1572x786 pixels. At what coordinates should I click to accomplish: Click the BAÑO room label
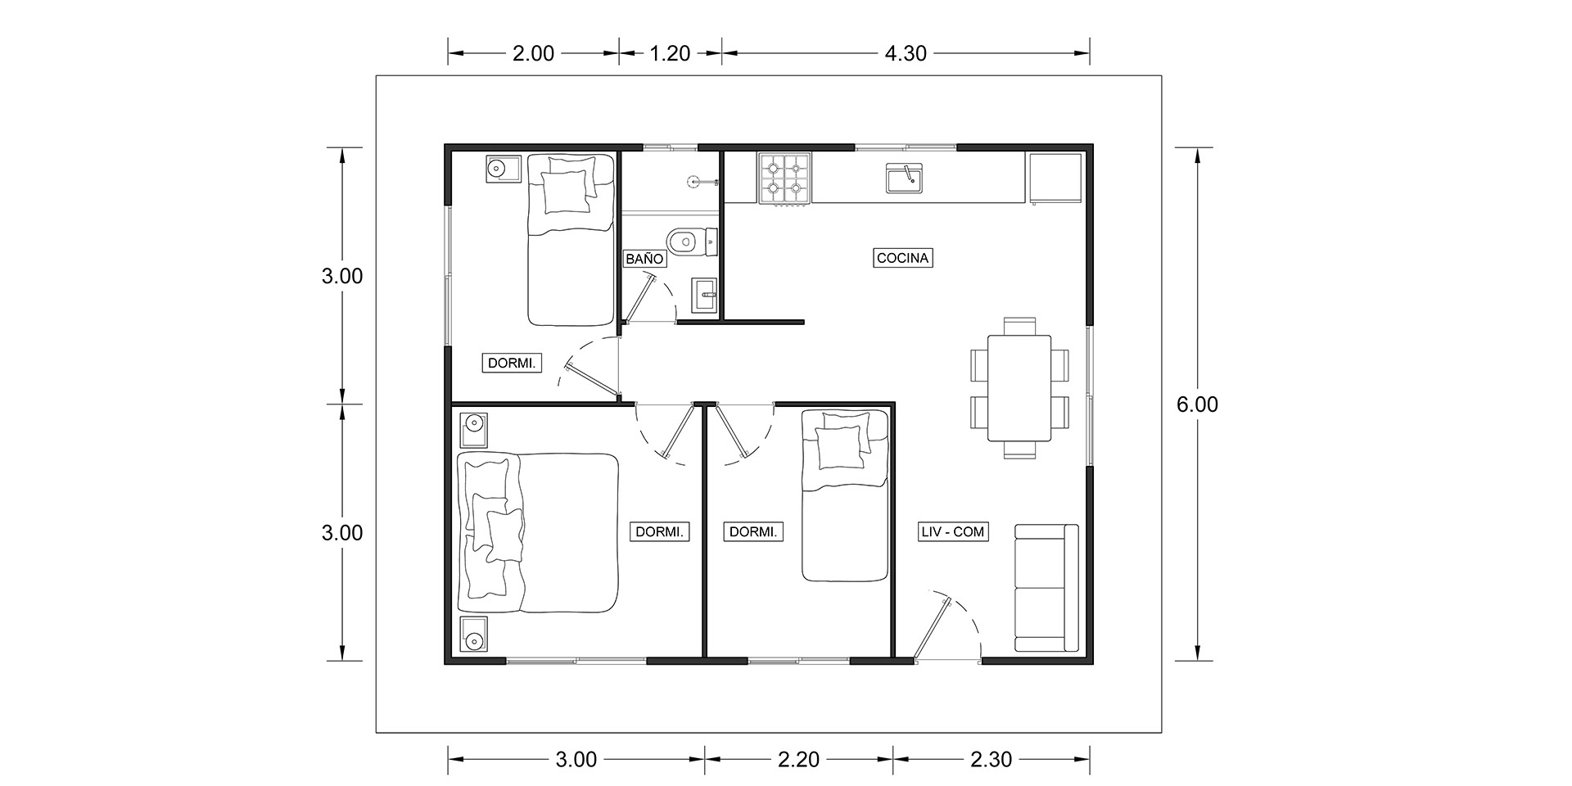(x=644, y=259)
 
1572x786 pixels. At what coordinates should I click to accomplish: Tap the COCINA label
(x=902, y=258)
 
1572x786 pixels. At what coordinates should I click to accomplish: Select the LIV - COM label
(x=953, y=532)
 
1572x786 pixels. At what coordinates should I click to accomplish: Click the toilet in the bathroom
(x=692, y=241)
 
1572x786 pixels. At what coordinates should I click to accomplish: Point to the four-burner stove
(x=785, y=178)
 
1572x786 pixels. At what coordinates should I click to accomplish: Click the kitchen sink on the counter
(x=905, y=178)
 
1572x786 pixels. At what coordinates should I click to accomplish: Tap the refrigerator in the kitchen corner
(x=1056, y=177)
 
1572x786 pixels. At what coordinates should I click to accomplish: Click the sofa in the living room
(x=1046, y=588)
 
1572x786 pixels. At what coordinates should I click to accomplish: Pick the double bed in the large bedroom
(x=537, y=533)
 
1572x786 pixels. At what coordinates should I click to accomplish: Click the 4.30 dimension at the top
(x=906, y=53)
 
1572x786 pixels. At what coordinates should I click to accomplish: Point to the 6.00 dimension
(x=1197, y=404)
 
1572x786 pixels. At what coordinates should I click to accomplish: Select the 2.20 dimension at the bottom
(x=799, y=760)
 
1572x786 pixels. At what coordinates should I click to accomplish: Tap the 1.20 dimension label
(x=670, y=53)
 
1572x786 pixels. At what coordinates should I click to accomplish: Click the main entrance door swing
(x=948, y=626)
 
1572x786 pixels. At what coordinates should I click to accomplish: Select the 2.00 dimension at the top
(x=533, y=53)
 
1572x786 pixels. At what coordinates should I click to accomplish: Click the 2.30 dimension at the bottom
(x=991, y=760)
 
